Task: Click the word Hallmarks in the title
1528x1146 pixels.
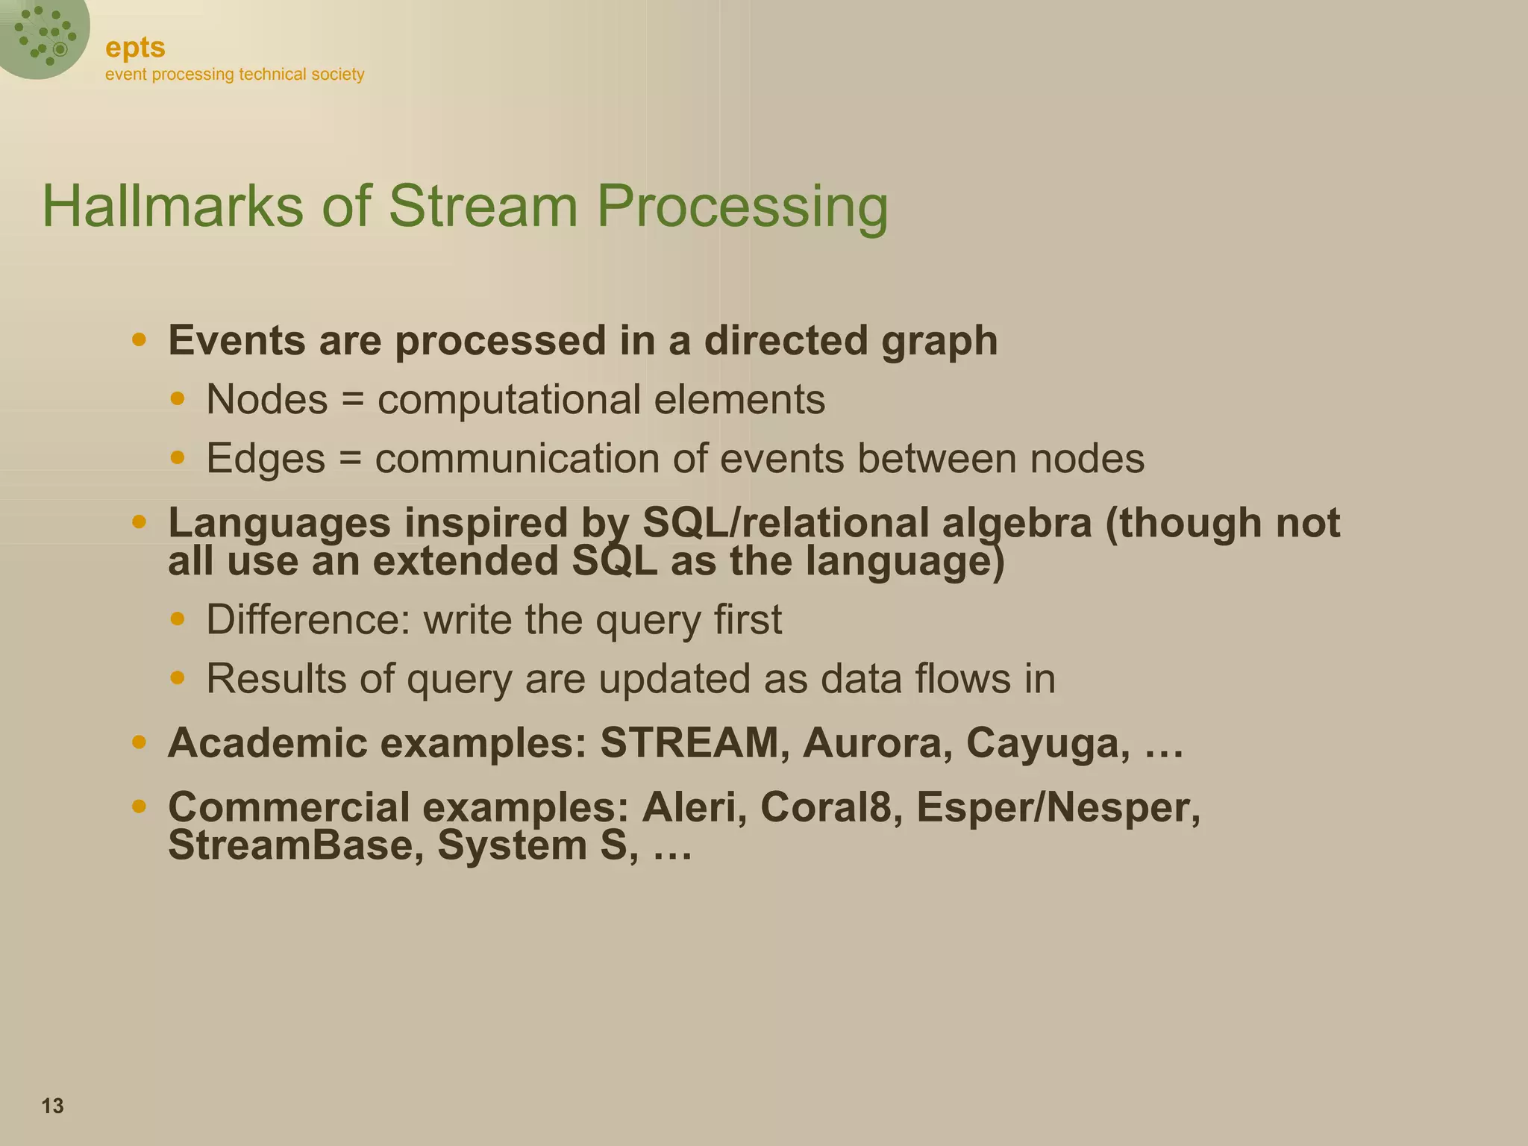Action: (x=172, y=206)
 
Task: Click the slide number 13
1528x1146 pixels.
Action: (x=52, y=1106)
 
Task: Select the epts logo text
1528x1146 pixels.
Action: (x=135, y=47)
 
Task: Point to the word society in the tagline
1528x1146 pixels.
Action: (x=337, y=75)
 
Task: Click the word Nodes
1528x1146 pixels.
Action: (x=266, y=399)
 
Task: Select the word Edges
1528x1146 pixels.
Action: (x=266, y=458)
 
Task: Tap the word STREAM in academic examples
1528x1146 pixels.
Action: (x=689, y=743)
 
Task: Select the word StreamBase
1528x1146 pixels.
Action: (x=296, y=845)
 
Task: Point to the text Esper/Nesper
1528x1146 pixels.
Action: (x=1058, y=807)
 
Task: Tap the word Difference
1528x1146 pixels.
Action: (x=308, y=620)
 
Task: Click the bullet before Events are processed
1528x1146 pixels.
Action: (x=139, y=340)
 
